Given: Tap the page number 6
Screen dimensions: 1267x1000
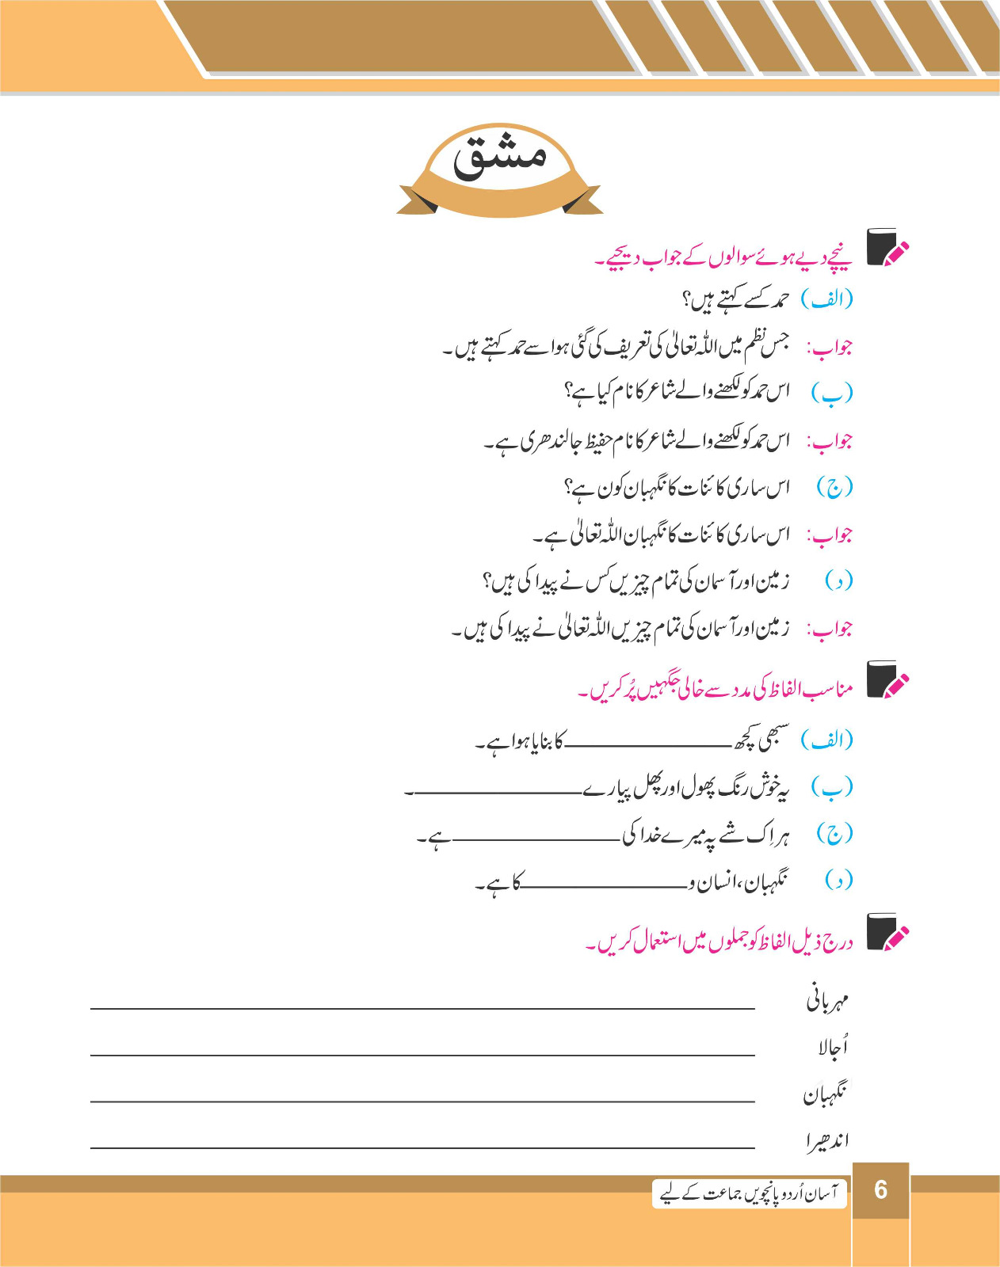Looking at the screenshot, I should (x=880, y=1190).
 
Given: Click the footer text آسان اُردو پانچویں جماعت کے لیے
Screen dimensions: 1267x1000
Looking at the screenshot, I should (x=749, y=1193).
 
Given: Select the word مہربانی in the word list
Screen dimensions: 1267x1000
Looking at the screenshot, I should (x=828, y=1000).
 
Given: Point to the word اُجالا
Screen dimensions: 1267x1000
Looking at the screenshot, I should (x=833, y=1047).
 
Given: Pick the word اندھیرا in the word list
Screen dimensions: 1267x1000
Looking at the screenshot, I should (x=828, y=1140).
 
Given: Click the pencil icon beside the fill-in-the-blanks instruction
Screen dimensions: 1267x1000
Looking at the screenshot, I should (x=887, y=680).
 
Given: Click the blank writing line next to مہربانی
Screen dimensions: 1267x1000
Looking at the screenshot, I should (x=422, y=1007).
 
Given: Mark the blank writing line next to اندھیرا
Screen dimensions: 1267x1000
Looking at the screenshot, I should (x=422, y=1147).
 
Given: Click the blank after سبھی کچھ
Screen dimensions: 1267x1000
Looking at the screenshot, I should (x=648, y=745).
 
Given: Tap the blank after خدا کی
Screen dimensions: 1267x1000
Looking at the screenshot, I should (x=535, y=838).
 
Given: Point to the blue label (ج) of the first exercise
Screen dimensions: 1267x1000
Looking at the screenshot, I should (x=834, y=487).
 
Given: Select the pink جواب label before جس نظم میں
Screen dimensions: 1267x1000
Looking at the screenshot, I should (x=829, y=347).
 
